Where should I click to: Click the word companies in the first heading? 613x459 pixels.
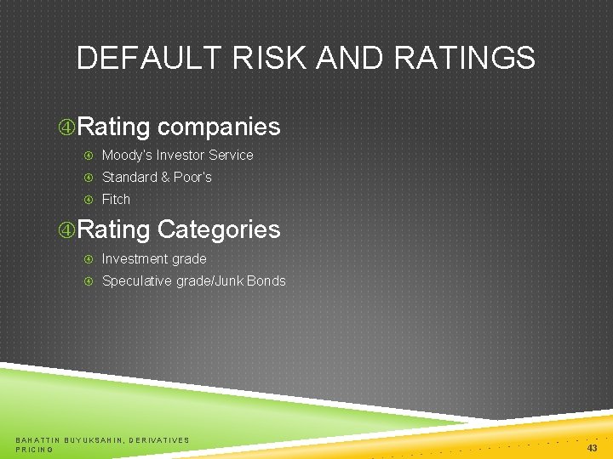[x=219, y=127]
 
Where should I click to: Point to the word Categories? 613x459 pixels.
[x=219, y=229]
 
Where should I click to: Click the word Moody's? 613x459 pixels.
[x=127, y=155]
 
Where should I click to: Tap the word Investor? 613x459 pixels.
[x=181, y=155]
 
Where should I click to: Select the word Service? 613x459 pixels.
[x=232, y=155]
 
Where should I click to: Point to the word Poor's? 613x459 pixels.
[x=193, y=177]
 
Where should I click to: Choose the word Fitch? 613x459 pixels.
[x=116, y=199]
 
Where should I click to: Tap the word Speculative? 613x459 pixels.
[x=137, y=280]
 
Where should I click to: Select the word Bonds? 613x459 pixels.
[x=266, y=280]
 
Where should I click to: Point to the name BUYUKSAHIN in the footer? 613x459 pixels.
[x=94, y=439]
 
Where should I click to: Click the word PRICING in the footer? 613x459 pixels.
[x=35, y=449]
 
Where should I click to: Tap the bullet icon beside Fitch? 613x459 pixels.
[x=89, y=199]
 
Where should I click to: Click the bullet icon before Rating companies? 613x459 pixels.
[x=66, y=127]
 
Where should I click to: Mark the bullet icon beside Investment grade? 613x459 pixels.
[x=89, y=258]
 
